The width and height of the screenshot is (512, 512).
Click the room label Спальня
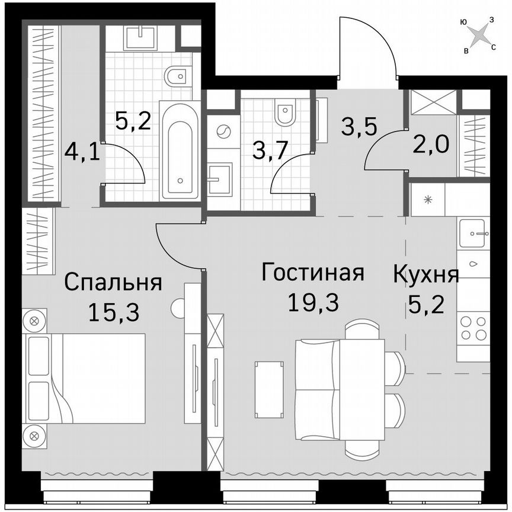pyautogui.click(x=113, y=282)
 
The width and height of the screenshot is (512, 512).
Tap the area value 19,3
pyautogui.click(x=312, y=303)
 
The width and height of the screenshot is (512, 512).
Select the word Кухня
pyautogui.click(x=426, y=276)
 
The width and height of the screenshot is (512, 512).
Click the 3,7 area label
pyautogui.click(x=270, y=151)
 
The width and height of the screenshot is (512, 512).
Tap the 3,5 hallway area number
pyautogui.click(x=360, y=126)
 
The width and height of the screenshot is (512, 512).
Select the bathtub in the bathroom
pyautogui.click(x=181, y=151)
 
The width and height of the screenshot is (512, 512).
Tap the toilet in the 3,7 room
pyautogui.click(x=286, y=113)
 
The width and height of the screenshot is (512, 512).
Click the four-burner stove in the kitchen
pyautogui.click(x=473, y=328)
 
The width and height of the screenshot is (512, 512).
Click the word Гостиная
pyautogui.click(x=312, y=274)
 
